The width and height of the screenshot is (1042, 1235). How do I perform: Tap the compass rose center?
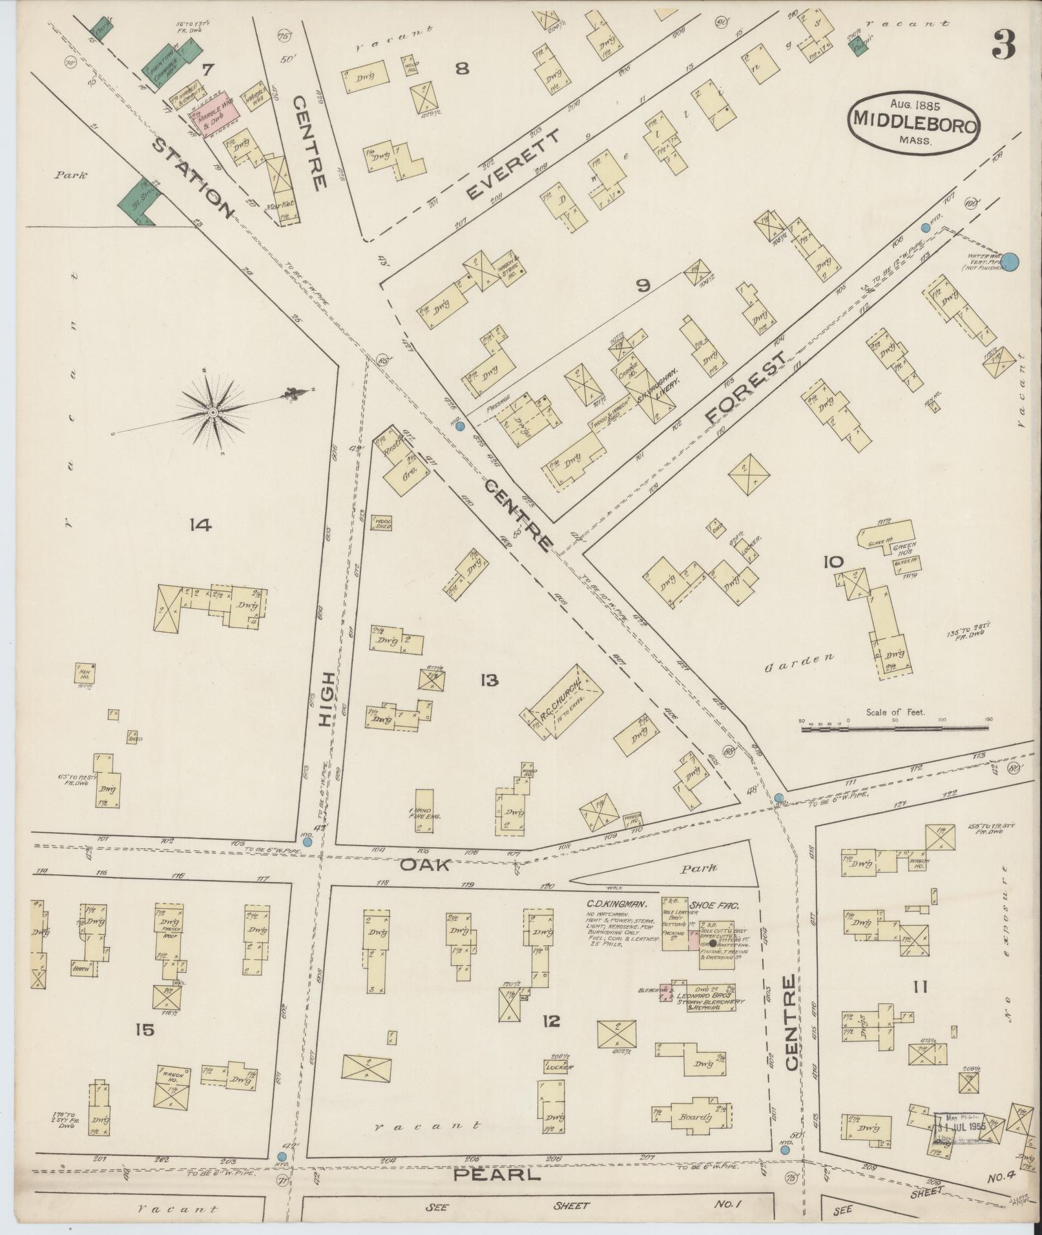[x=213, y=412]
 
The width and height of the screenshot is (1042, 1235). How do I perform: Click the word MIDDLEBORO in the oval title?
[x=913, y=119]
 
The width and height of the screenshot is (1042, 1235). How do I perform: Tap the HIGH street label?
[x=328, y=700]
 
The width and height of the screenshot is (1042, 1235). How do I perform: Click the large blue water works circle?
[x=1011, y=261]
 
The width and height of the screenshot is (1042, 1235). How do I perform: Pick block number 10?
[x=833, y=562]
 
